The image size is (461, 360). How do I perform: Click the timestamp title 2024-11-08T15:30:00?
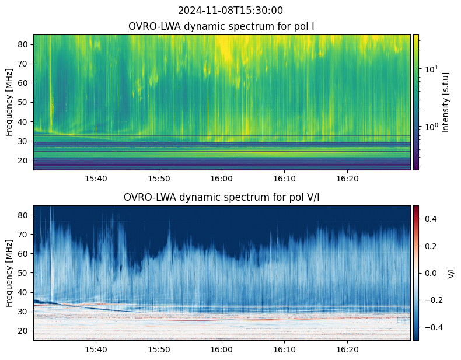(230, 11)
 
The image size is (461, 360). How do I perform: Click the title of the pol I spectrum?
(221, 26)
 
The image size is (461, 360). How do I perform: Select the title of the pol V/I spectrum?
(221, 197)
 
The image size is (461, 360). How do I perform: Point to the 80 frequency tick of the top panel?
(23, 44)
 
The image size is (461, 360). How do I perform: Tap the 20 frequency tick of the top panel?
(23, 160)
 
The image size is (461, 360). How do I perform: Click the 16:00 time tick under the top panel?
(222, 179)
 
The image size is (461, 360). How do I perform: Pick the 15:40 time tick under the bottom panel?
(96, 349)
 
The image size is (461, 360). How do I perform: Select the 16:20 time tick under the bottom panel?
(347, 349)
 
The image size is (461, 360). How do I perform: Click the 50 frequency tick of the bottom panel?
(23, 273)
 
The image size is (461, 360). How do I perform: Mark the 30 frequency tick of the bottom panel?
(23, 312)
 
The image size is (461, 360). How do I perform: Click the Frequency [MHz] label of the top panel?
(9, 102)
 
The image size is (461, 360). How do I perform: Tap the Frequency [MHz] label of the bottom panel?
(9, 273)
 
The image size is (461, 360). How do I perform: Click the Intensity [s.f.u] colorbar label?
(446, 102)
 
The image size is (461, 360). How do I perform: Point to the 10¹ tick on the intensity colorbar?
(431, 69)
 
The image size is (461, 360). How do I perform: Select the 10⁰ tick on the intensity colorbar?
(431, 127)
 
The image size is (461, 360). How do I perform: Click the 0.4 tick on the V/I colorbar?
(431, 219)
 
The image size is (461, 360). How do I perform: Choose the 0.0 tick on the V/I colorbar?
(431, 273)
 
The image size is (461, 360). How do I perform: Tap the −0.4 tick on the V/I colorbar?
(434, 327)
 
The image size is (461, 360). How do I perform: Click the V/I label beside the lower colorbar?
(450, 273)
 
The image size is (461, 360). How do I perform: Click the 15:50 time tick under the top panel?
(159, 179)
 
